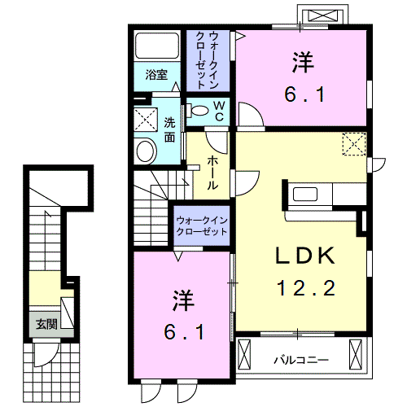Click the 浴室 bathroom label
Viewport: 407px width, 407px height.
157,75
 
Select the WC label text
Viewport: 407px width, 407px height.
220,110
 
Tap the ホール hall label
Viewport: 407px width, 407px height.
212,173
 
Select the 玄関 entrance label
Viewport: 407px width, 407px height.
46,323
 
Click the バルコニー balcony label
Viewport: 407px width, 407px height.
300,358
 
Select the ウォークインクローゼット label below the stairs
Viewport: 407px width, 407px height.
202,225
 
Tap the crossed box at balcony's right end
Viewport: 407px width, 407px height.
355,354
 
